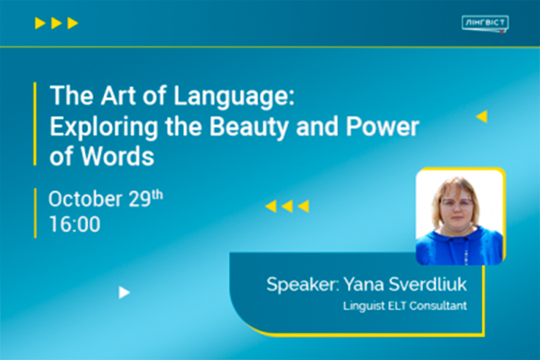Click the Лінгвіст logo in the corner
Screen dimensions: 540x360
coord(485,24)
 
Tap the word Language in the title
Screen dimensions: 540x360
coord(234,97)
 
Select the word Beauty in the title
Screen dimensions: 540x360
coord(248,127)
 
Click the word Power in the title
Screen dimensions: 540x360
coord(383,127)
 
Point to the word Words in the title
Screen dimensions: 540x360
coord(118,157)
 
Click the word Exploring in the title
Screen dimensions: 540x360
coord(104,127)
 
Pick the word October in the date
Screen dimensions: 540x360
coord(85,199)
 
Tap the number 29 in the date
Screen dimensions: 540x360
coord(140,199)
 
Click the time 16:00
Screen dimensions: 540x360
coord(75,224)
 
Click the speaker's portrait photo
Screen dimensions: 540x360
coord(460,217)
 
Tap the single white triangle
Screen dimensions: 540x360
coord(124,292)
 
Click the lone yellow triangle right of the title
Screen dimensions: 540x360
coord(482,116)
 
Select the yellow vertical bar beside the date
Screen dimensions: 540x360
coord(35,213)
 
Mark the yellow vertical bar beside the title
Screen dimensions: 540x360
coord(35,124)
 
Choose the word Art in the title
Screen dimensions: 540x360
coord(118,95)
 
